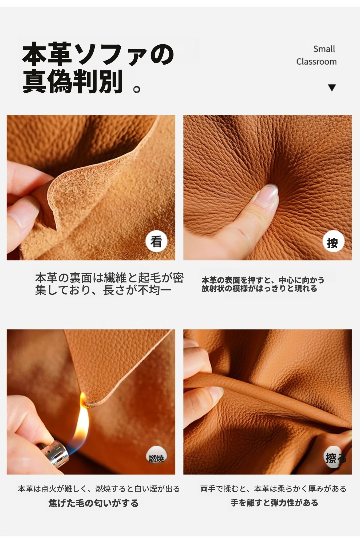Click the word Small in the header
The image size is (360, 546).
coord(324,49)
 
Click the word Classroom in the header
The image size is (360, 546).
coord(317,62)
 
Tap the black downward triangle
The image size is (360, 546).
coord(332,88)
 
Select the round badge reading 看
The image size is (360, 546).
coord(156,241)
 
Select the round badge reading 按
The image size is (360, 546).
coord(333,242)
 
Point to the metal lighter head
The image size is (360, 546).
coord(56,454)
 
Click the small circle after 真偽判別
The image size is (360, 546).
coord(137,89)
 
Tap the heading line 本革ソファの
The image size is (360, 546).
coord(98,54)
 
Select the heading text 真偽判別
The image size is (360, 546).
coord(73,81)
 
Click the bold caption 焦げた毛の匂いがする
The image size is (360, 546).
coord(93,503)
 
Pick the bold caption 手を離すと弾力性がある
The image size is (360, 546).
coord(274,503)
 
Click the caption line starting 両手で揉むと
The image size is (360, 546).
coord(274,489)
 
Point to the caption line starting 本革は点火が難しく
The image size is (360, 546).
coord(99,489)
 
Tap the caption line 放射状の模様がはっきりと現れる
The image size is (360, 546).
coord(259,289)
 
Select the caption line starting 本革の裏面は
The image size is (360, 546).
coord(109,278)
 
